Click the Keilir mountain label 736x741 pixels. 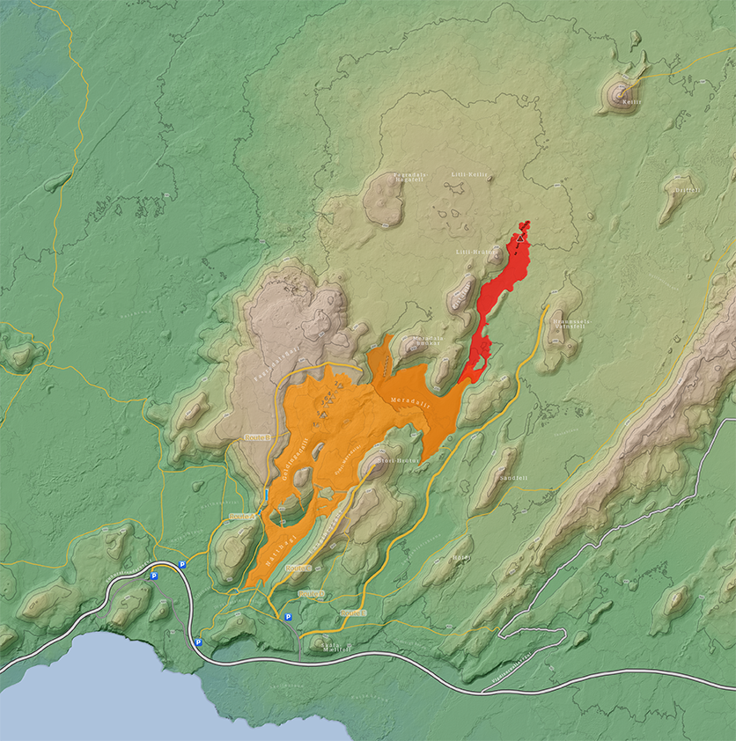tap(631, 100)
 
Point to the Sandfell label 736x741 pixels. tap(511, 477)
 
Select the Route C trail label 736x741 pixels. tap(299, 568)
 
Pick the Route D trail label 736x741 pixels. tap(312, 594)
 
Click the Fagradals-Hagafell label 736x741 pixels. tap(409, 177)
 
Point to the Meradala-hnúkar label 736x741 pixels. tap(428, 340)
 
